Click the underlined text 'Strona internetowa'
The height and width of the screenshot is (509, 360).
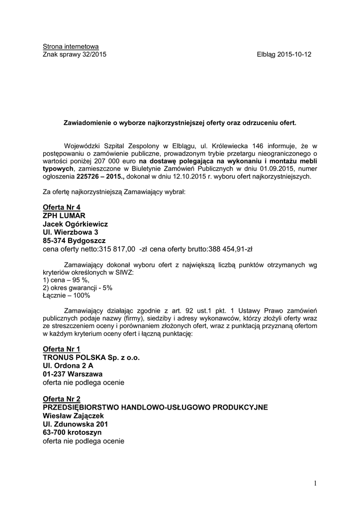[71, 47]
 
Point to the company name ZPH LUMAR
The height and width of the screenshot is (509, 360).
[65, 216]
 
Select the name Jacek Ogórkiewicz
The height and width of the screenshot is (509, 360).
[76, 224]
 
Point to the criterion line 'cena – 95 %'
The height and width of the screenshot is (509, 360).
[63, 281]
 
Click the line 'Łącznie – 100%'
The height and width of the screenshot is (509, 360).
[67, 296]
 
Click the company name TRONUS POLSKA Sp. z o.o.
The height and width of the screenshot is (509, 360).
[91, 358]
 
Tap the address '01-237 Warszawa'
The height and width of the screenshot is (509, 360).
[73, 374]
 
